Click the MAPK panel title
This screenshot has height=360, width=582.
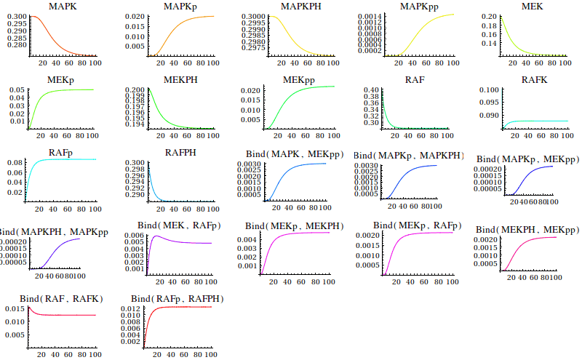click(62, 7)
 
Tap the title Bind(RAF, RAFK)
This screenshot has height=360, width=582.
click(62, 299)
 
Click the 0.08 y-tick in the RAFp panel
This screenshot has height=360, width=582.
click(15, 162)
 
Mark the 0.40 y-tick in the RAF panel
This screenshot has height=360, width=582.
click(372, 90)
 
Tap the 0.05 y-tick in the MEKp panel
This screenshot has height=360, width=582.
click(15, 90)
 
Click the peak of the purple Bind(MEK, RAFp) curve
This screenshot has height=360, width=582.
click(155, 236)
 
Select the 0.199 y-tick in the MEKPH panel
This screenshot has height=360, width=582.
click(135, 95)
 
